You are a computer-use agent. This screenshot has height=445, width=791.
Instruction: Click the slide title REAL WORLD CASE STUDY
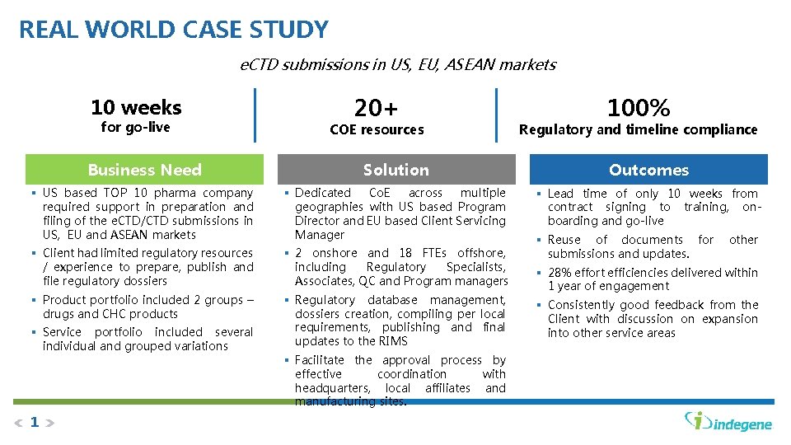[x=173, y=30]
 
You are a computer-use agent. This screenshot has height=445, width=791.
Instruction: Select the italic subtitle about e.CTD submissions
[x=397, y=64]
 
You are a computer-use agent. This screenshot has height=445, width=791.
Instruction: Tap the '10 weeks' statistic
[x=136, y=107]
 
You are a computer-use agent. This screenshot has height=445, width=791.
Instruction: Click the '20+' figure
[x=376, y=107]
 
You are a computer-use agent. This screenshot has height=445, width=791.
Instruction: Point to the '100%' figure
[x=638, y=107]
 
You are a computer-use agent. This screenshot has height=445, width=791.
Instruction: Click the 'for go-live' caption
[x=135, y=127]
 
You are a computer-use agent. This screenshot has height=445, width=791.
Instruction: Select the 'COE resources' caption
[x=377, y=129]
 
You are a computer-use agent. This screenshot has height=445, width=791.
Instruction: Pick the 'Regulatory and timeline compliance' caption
[x=638, y=129]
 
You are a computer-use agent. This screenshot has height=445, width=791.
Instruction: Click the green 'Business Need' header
[x=144, y=170]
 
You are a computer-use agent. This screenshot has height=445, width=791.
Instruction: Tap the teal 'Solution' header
[x=395, y=170]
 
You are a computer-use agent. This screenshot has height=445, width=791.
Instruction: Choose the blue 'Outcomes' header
[x=648, y=170]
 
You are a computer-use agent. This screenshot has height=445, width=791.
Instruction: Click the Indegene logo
[x=728, y=421]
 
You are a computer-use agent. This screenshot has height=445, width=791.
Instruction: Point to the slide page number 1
[x=35, y=423]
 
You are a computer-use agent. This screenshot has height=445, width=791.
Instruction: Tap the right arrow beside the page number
[x=49, y=424]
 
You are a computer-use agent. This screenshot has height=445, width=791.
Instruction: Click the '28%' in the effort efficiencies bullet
[x=559, y=272]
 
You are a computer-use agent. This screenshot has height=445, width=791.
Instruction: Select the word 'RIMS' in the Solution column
[x=393, y=341]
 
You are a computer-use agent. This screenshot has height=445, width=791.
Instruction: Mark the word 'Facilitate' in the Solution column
[x=320, y=360]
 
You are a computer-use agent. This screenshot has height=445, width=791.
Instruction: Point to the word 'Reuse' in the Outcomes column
[x=564, y=240]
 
